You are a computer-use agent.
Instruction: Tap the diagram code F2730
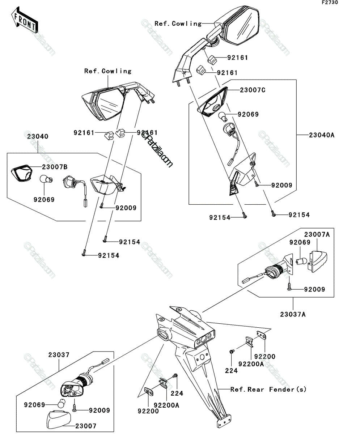[330, 3]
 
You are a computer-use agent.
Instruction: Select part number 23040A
[322, 135]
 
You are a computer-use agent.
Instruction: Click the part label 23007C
[253, 90]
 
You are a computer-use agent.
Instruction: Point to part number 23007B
[55, 167]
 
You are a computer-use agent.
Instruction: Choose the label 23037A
[293, 315]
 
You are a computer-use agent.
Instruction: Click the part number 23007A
[317, 234]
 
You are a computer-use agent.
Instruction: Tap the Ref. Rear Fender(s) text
[268, 389]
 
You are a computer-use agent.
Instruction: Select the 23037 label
[59, 354]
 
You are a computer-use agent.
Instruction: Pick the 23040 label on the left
[38, 136]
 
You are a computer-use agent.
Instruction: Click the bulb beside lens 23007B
[46, 179]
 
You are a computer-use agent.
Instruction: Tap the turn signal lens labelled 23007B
[22, 173]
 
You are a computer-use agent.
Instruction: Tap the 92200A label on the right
[251, 364]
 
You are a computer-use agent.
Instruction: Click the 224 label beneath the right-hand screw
[231, 371]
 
